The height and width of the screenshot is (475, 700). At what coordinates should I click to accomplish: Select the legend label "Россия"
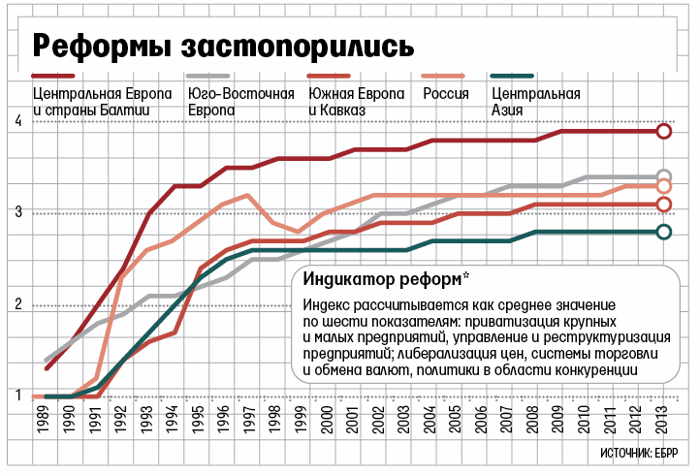point(447,94)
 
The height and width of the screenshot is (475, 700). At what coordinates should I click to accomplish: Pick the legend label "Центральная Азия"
point(536,102)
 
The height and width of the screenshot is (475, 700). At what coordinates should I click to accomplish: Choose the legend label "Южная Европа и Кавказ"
point(356,102)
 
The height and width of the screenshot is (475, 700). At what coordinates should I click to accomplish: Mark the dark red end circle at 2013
point(664,132)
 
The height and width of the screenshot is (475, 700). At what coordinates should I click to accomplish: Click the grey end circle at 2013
point(664,176)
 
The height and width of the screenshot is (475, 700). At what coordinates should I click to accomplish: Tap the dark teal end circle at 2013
point(664,232)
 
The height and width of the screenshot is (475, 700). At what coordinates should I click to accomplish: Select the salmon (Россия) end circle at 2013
point(664,186)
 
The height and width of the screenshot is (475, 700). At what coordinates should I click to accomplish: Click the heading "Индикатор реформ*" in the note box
point(385,280)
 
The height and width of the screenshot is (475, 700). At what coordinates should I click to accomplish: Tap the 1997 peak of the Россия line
point(250,195)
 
